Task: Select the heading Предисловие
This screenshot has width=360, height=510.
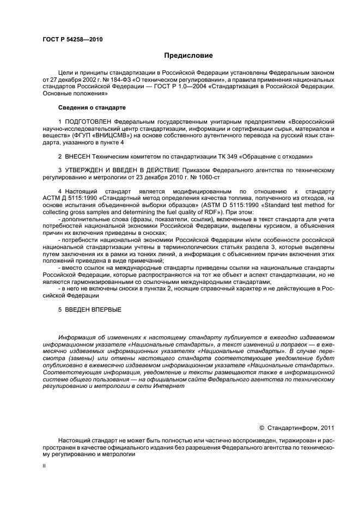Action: (x=188, y=55)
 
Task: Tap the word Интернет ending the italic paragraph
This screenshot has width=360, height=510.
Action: (x=170, y=386)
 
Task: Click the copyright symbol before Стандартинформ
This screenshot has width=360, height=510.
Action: (x=261, y=428)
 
